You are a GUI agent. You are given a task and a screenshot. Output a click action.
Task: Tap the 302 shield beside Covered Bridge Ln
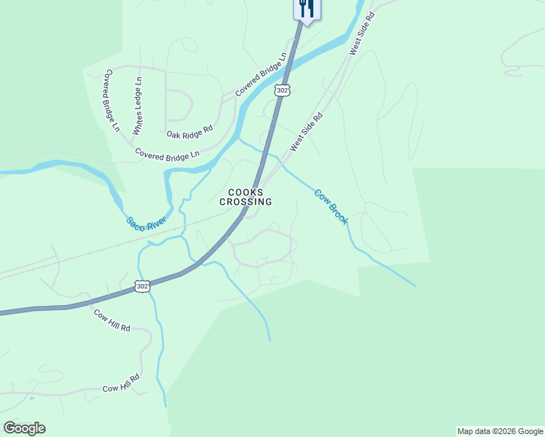pos(282,90)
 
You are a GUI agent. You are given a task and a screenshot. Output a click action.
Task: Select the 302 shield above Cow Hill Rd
pos(142,286)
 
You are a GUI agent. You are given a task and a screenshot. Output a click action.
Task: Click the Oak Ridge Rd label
pos(189,131)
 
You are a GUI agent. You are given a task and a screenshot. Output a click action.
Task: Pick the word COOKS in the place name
pos(246,192)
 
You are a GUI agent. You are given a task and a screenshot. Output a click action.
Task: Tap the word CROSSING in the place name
pos(246,202)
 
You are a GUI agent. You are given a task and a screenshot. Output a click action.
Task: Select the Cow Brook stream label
pos(331,206)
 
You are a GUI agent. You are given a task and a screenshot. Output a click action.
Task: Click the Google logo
pos(24,428)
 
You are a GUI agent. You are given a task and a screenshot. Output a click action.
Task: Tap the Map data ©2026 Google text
pos(500,431)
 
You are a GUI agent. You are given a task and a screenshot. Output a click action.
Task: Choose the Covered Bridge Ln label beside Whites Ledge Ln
pos(111,101)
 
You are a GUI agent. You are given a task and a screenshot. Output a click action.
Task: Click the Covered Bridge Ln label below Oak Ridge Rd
pos(167,154)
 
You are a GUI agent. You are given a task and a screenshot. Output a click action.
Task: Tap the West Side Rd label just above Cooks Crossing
pos(306,132)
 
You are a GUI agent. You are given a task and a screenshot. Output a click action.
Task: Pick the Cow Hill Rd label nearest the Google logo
pos(121,387)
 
